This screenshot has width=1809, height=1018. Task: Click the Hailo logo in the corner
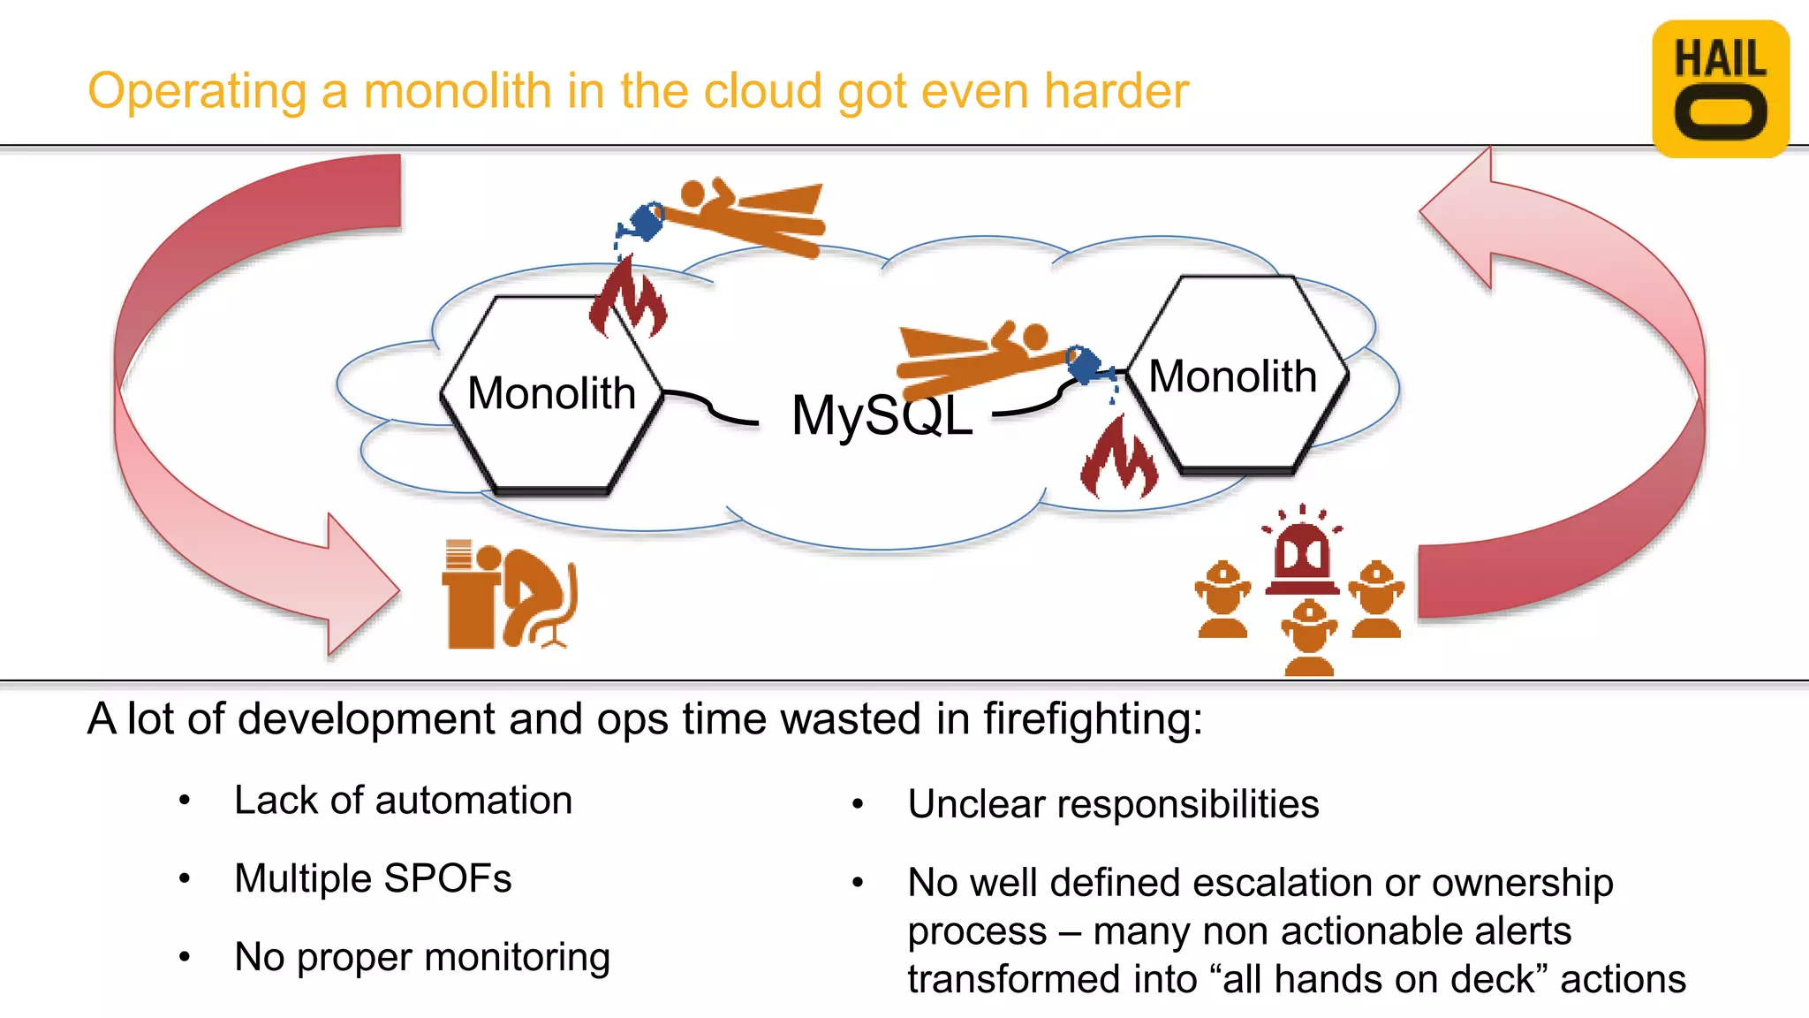coord(1720,88)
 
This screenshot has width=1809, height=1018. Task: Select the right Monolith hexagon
coord(1237,376)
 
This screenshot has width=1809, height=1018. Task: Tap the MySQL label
coord(882,415)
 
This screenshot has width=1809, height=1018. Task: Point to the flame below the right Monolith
coord(1118,460)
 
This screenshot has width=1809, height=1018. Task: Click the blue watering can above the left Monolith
coord(645,221)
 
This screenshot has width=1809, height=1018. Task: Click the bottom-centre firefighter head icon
coord(1309,636)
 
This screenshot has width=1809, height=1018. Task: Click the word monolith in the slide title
coord(458,91)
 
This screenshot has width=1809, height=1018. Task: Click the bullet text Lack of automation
coord(403,801)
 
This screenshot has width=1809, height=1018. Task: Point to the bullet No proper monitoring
coord(422,957)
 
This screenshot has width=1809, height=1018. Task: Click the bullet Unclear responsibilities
coord(1113,804)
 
